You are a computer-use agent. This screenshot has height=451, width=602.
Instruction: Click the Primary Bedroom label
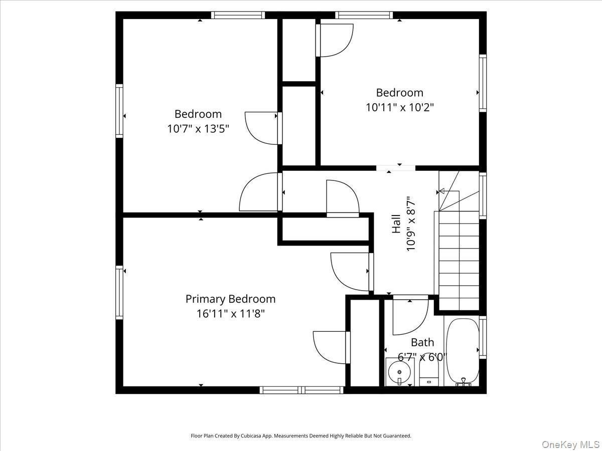click(x=230, y=299)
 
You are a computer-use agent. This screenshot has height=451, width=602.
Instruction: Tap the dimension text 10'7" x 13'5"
click(x=198, y=128)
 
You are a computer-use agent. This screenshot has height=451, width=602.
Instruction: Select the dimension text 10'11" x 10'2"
click(x=400, y=107)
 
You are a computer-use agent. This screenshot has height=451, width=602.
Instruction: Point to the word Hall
click(x=396, y=223)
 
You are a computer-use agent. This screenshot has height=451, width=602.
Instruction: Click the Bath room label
click(x=422, y=342)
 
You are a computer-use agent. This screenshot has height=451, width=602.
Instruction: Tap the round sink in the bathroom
click(x=399, y=372)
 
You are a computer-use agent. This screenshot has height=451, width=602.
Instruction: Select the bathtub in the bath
click(x=463, y=352)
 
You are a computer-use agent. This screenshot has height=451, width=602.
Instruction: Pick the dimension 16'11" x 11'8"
click(x=230, y=314)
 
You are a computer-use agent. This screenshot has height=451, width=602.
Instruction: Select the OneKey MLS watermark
click(x=570, y=444)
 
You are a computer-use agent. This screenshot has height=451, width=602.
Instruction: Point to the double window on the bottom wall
click(x=302, y=390)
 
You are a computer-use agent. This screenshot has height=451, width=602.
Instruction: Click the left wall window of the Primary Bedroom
click(x=119, y=293)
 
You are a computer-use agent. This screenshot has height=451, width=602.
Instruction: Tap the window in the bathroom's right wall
click(x=483, y=337)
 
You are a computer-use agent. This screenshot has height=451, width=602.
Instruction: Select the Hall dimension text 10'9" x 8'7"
click(x=411, y=223)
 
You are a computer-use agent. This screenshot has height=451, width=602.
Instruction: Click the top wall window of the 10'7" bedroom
click(x=238, y=15)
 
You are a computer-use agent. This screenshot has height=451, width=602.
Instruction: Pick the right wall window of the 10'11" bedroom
click(x=483, y=83)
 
